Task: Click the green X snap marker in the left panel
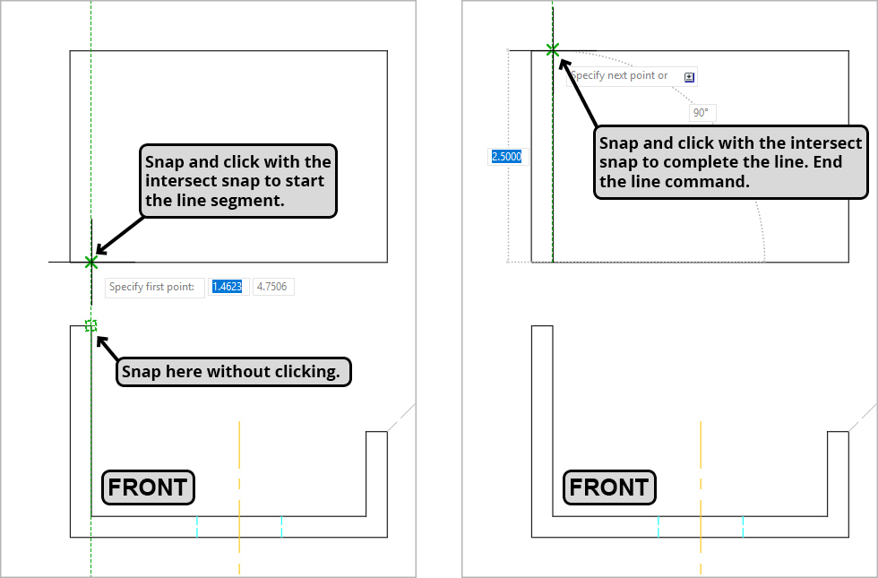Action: pos(90,262)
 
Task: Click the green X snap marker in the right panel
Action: pos(553,50)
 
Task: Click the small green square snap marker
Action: pos(90,325)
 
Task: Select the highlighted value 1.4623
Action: pos(227,287)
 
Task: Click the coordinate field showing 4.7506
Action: pos(273,287)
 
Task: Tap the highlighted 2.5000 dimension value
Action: pos(506,157)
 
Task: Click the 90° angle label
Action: pos(701,113)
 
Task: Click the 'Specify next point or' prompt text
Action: pos(620,76)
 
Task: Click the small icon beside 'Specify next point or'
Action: pos(689,77)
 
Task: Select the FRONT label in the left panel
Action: pos(148,487)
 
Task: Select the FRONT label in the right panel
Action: pos(609,487)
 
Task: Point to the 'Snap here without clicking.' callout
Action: pos(234,372)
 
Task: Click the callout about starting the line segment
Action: pos(237,181)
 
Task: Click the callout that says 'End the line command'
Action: pos(731,162)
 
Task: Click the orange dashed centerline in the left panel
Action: pos(239,466)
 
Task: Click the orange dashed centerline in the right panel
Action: pos(701,466)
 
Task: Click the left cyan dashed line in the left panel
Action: pos(197,526)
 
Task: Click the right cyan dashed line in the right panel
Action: pos(743,526)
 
